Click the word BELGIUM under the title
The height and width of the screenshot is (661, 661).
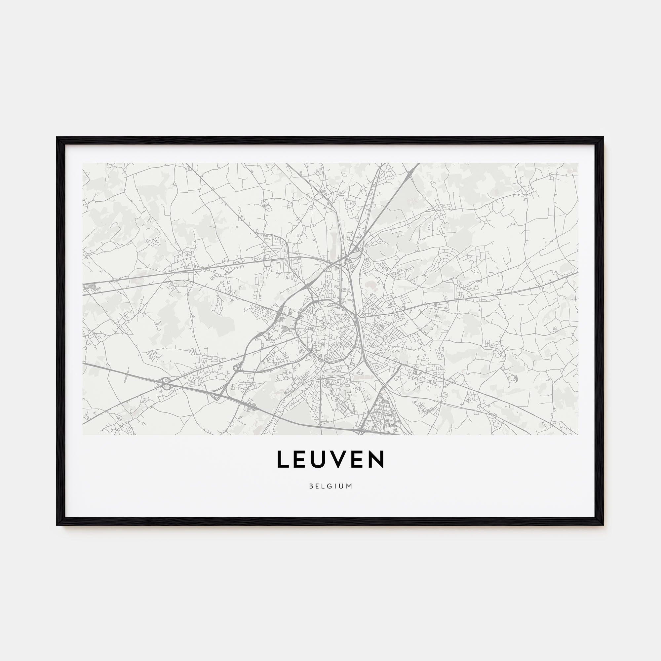[330, 486]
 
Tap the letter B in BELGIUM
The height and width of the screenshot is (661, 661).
[311, 486]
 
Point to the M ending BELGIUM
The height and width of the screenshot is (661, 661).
[349, 486]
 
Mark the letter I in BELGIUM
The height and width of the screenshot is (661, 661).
[337, 486]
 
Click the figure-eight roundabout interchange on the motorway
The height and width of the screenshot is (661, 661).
[166, 383]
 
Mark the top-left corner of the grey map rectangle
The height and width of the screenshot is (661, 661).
[83, 163]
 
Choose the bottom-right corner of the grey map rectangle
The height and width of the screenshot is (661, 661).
[578, 435]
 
